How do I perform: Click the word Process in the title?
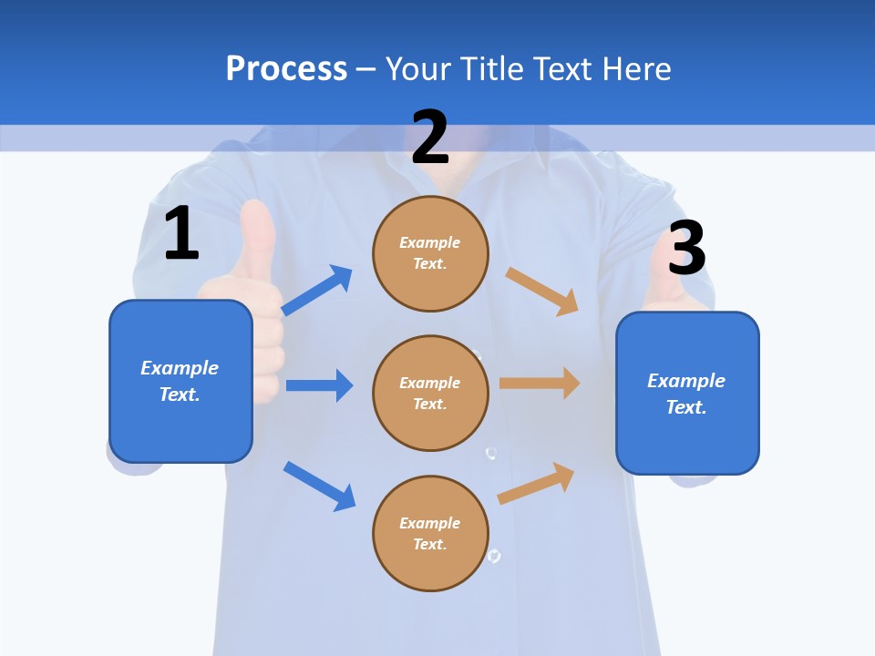click(x=286, y=68)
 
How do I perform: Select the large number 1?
click(x=181, y=234)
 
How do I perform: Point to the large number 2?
click(x=430, y=138)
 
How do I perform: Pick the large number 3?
click(x=686, y=249)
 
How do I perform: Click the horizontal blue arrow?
click(x=319, y=385)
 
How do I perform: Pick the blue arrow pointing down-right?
click(x=320, y=486)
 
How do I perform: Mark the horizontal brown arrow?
click(x=540, y=383)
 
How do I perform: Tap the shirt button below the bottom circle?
click(x=494, y=555)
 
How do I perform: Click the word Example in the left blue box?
click(x=180, y=368)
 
